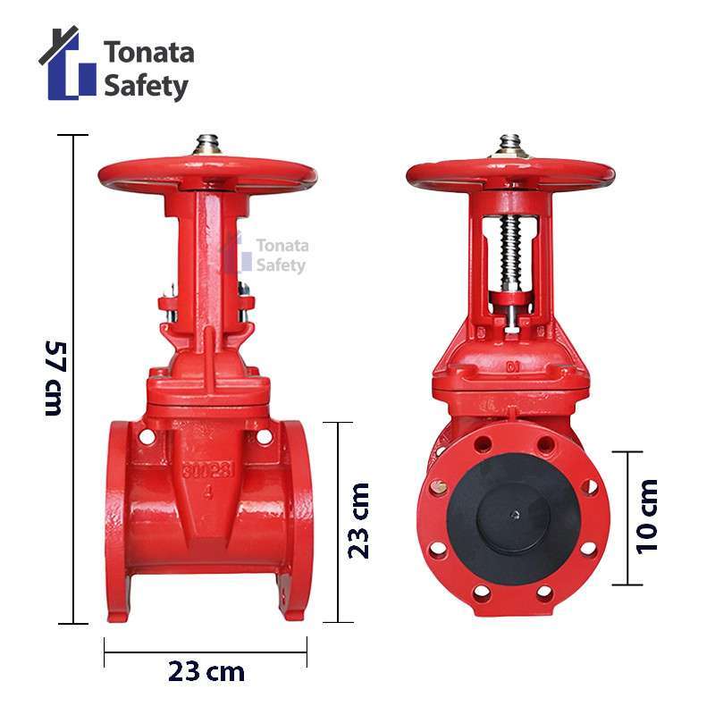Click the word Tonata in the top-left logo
pos(148,52)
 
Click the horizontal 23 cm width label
pos(206,671)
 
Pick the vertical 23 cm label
pos(358,521)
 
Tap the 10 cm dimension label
pos(647,517)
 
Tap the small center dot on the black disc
pos(514,514)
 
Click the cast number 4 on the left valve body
pos(208,490)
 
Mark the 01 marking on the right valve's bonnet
pos(510,366)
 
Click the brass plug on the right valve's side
pos(438,487)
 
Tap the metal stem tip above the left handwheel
pos(207,144)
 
